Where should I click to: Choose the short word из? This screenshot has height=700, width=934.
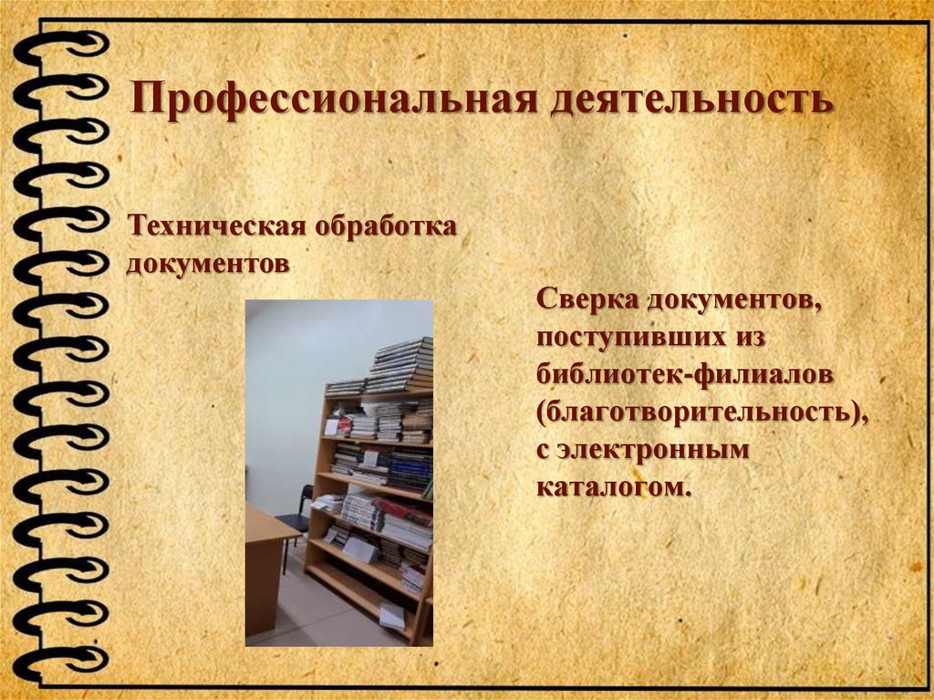coord(743,336)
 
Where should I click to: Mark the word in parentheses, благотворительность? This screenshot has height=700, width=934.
coord(701,413)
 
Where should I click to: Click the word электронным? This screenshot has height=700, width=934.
coord(654,451)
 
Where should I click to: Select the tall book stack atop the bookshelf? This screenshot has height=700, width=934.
coord(401,363)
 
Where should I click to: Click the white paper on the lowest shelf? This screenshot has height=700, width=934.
coord(392,615)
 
